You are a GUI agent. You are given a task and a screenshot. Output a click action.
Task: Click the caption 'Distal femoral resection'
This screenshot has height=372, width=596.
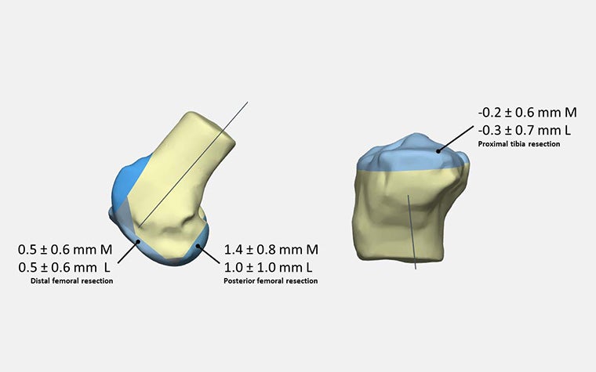point(72,281)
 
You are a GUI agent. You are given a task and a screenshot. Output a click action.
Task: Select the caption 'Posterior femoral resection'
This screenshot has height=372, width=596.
point(271,281)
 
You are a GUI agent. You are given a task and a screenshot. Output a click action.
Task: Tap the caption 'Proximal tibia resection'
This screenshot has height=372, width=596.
point(519,144)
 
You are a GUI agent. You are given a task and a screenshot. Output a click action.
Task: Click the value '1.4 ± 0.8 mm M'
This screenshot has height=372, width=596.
point(271,249)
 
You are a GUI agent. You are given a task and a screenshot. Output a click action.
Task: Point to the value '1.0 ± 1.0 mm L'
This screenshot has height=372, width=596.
point(268,267)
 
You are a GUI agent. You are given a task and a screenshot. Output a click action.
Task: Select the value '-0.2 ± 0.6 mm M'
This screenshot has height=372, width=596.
point(527,112)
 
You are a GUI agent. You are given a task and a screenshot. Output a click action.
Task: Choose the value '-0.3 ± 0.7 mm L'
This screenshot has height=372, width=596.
point(524,130)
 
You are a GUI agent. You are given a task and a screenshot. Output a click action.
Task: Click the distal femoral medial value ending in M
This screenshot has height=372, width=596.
point(65,249)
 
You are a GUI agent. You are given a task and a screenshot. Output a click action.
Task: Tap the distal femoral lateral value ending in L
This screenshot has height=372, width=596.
point(64,267)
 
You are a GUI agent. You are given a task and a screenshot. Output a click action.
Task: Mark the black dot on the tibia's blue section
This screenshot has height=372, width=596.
point(438,151)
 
